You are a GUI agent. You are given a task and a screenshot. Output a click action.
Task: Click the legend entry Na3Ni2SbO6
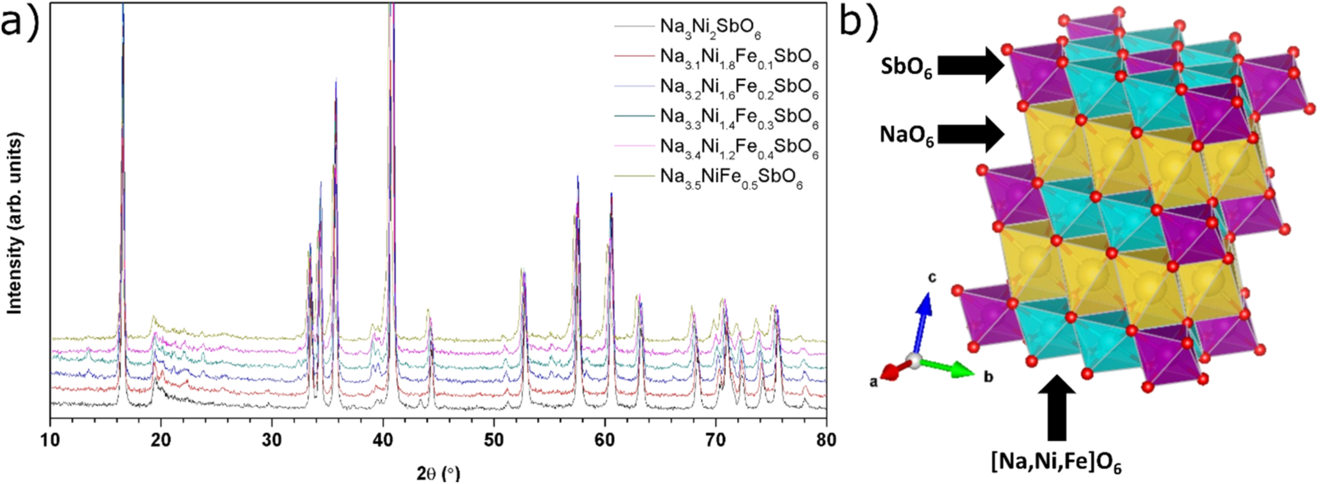click(x=710, y=27)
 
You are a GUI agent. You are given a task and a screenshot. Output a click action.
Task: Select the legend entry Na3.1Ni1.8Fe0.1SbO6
click(x=738, y=58)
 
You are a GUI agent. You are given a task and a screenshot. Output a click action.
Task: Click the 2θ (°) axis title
click(x=438, y=473)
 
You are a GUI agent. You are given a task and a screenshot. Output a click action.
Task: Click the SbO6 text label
click(x=906, y=69)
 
